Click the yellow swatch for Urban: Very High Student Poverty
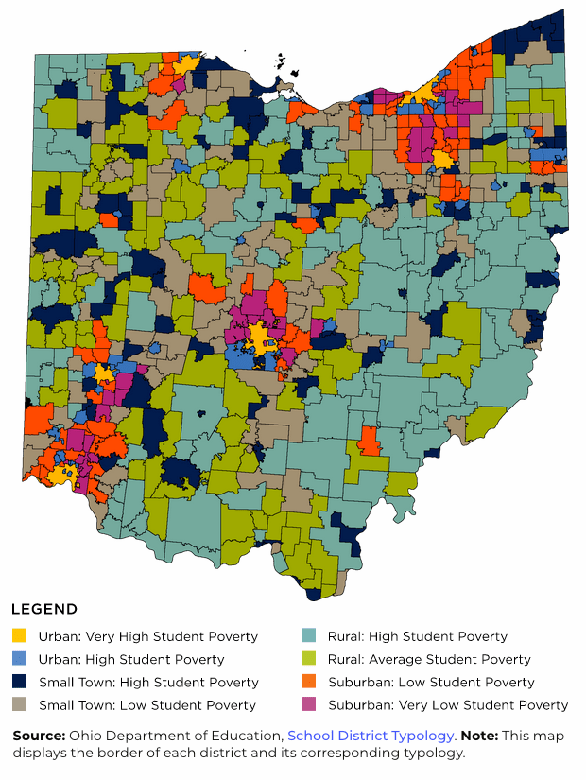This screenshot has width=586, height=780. [x=19, y=636]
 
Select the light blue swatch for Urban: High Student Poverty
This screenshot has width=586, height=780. [x=19, y=659]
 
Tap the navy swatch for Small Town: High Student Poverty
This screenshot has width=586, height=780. [x=19, y=682]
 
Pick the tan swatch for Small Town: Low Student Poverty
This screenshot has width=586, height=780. [x=19, y=704]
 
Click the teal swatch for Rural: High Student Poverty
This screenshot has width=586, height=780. [x=308, y=636]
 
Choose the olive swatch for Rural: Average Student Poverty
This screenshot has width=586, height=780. [x=308, y=659]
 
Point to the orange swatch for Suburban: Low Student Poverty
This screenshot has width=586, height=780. [x=308, y=682]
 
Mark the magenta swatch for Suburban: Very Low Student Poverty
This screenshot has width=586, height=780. [x=308, y=704]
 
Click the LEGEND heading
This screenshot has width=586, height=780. [x=43, y=609]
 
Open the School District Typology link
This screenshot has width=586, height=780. [x=371, y=736]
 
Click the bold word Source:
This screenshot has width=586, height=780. [x=39, y=736]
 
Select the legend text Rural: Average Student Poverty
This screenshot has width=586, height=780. [x=429, y=659]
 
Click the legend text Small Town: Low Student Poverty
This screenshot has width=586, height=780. [x=146, y=704]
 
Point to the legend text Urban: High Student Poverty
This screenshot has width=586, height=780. [x=131, y=659]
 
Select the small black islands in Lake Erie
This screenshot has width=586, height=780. [x=281, y=63]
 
